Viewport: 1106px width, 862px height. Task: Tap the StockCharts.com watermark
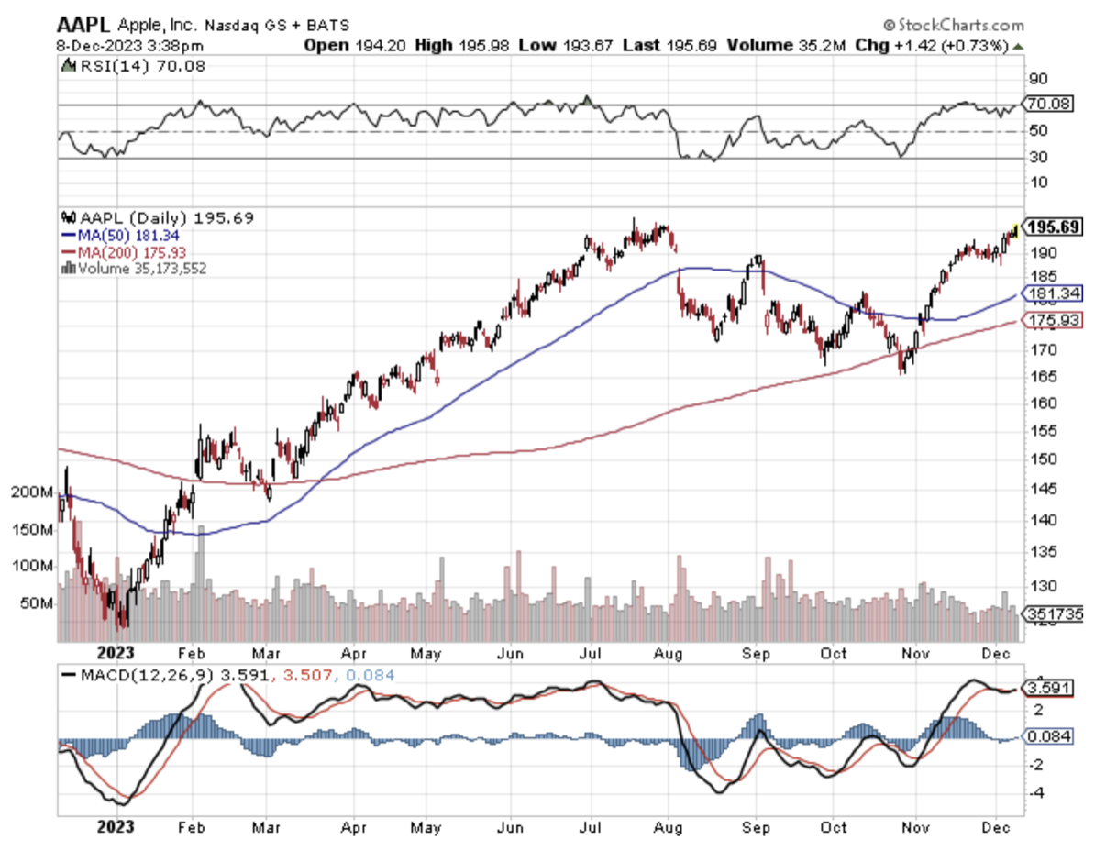pos(953,25)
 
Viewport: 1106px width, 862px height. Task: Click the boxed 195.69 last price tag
pos(1054,227)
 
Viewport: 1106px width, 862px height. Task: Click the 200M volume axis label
pos(32,492)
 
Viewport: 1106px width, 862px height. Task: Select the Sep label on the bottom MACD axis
pos(756,826)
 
